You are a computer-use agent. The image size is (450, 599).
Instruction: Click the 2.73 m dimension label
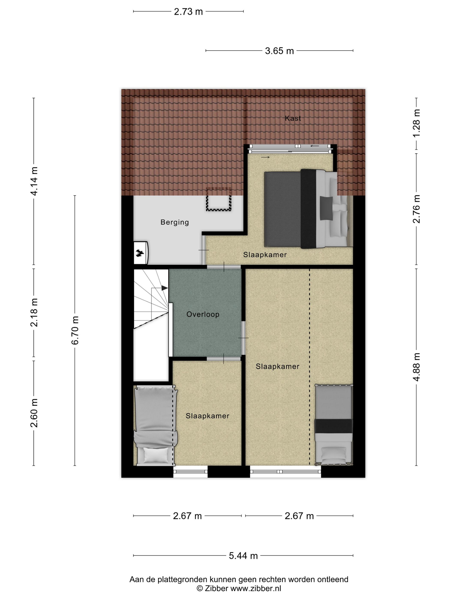[x=188, y=12]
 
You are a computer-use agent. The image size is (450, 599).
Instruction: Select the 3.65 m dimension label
[x=279, y=51]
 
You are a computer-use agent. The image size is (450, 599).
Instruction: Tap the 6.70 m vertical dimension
[x=75, y=330]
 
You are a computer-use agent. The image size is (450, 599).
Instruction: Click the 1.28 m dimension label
[x=416, y=123]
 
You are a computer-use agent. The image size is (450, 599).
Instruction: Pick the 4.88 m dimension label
[x=416, y=367]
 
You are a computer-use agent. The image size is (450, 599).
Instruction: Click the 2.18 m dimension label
[x=34, y=312]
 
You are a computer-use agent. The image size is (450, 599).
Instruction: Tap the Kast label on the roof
[x=293, y=118]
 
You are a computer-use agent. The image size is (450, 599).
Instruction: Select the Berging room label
[x=174, y=222]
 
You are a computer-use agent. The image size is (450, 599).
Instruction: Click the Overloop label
[x=203, y=314]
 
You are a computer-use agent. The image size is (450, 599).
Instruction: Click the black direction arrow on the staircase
[x=164, y=288]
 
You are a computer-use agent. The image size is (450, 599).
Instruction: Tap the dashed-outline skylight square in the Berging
[x=219, y=199]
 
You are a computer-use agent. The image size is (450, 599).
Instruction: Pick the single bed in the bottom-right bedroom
[x=334, y=425]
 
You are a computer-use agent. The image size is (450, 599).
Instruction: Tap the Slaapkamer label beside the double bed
[x=265, y=255]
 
